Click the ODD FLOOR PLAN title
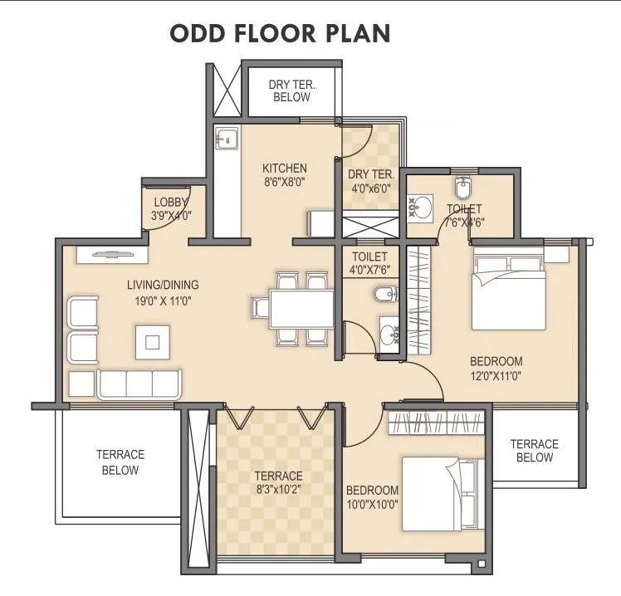tap(280, 33)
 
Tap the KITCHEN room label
tap(285, 168)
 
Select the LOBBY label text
tap(172, 202)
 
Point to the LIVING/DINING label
tap(163, 285)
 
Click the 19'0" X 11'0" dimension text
tap(163, 301)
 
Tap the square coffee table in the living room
tap(153, 341)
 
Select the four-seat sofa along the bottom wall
tap(138, 383)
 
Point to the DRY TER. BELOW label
tap(290, 90)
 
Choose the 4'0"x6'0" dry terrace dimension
tap(369, 188)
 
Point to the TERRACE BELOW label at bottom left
tap(120, 462)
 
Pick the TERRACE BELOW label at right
tap(534, 451)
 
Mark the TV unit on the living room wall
tap(111, 255)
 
